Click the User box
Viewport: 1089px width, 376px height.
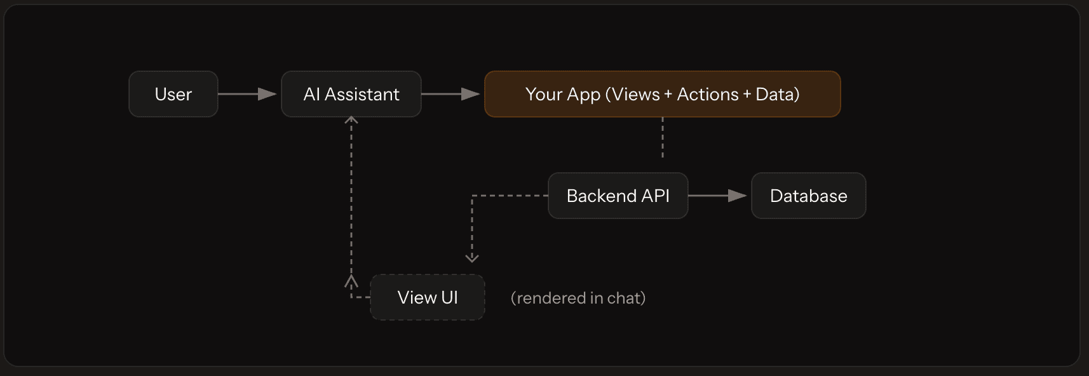pos(173,94)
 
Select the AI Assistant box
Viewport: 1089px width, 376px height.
pos(351,94)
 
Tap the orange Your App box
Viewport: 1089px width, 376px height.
pos(662,94)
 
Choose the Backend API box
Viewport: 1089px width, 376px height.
pos(618,196)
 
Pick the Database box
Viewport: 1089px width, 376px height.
pos(808,196)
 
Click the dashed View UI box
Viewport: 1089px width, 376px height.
pos(427,297)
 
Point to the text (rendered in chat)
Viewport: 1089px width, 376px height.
pos(578,298)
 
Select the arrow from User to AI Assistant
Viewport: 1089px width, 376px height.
pos(248,94)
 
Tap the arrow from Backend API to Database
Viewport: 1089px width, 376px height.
pos(718,196)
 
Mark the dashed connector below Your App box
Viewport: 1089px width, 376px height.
pos(663,138)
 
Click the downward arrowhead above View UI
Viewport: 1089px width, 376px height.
pos(472,257)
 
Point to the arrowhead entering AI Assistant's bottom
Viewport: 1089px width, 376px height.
pos(351,119)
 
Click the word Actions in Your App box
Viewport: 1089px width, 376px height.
pos(707,94)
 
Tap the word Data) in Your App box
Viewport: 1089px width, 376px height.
pos(777,94)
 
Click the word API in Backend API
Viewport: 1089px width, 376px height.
pos(655,196)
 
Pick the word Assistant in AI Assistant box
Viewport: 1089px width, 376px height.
pos(362,94)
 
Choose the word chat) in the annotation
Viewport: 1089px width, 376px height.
pos(626,298)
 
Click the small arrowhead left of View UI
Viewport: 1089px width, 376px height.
pos(351,280)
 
